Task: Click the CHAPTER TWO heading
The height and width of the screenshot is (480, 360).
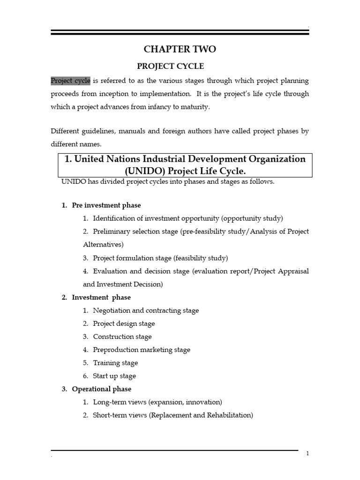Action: pos(180,49)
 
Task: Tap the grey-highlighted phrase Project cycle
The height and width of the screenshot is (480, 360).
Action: pos(70,81)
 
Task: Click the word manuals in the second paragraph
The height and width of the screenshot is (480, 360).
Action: pos(133,131)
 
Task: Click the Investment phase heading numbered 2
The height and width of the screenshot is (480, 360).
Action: pos(101,297)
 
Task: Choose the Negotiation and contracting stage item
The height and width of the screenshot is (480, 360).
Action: pos(146,310)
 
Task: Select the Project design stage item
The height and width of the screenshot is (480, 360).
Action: pos(124,323)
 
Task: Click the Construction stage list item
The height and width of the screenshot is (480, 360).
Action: pos(122,337)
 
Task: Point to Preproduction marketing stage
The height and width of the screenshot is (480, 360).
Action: pos(142,350)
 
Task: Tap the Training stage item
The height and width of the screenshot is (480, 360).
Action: pos(115,363)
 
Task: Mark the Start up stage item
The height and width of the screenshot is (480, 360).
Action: pos(114,376)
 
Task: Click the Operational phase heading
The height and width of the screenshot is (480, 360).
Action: pos(101,389)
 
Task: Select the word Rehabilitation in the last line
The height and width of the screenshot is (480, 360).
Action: pos(229,415)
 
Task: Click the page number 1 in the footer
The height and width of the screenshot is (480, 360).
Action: pos(307,453)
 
